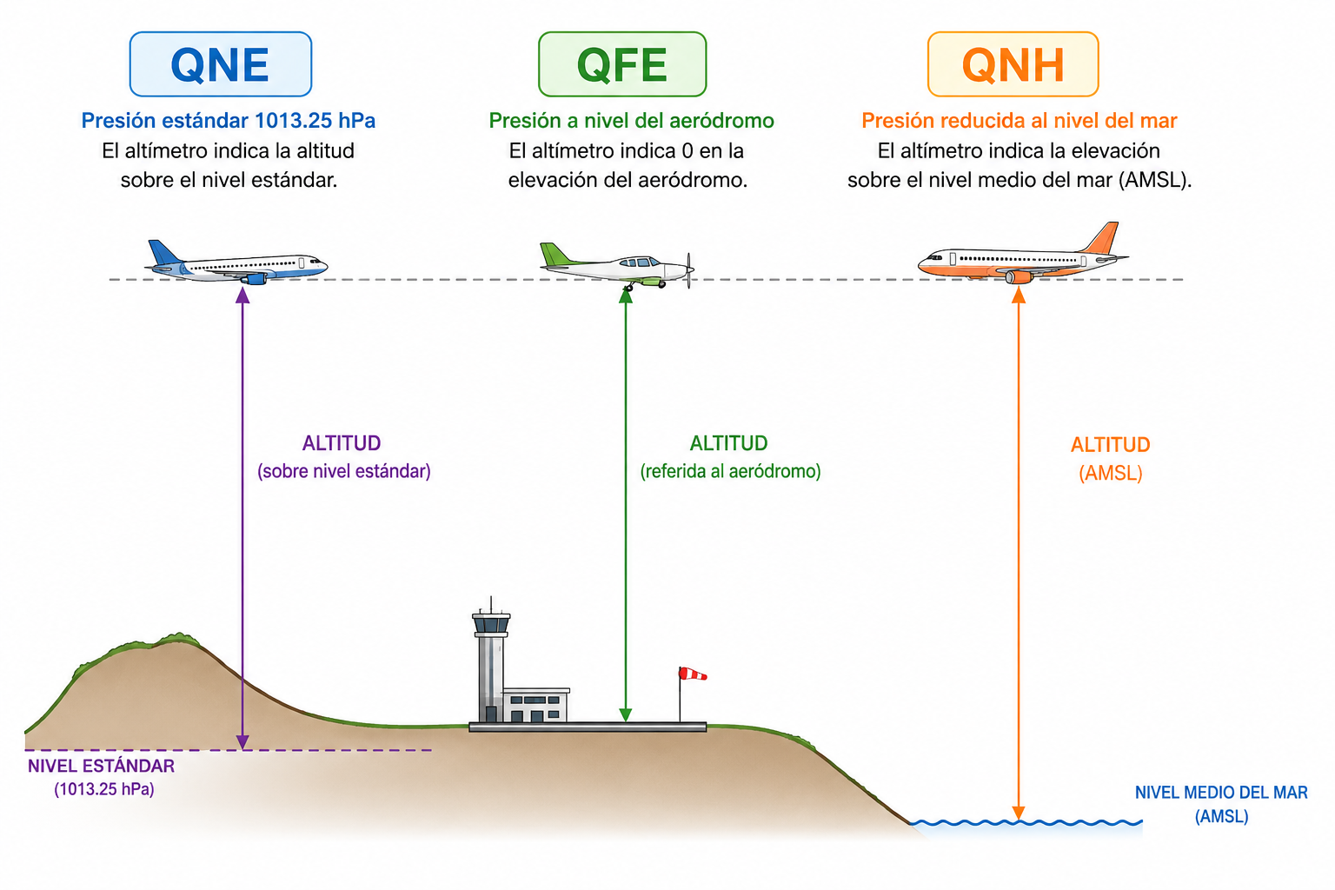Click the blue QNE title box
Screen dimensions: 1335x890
[221, 64]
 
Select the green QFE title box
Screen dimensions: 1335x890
[622, 64]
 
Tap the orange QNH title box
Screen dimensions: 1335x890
[1013, 64]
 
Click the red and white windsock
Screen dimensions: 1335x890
[693, 674]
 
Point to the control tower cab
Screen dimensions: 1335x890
[491, 623]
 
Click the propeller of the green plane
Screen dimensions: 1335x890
[689, 269]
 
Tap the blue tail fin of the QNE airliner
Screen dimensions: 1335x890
[163, 253]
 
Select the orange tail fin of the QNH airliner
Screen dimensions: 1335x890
[1101, 237]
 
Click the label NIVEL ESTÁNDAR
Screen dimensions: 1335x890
[102, 766]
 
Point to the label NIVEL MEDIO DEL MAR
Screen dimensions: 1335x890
[1221, 793]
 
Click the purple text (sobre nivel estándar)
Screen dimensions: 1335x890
[344, 472]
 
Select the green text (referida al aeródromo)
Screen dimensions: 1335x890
[730, 472]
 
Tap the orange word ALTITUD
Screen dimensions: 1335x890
[1110, 445]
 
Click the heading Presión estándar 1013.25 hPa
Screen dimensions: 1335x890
[229, 121]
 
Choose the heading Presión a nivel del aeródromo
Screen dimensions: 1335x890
[631, 121]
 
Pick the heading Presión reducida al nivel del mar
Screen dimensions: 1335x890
[1020, 121]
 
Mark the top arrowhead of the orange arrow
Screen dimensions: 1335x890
[1019, 295]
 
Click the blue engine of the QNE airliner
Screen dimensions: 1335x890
[254, 278]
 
